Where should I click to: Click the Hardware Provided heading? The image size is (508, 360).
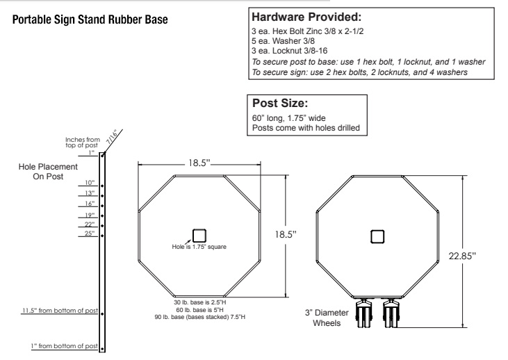(302, 17)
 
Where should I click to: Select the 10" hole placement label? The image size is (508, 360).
(90, 182)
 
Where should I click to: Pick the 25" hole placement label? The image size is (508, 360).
(90, 234)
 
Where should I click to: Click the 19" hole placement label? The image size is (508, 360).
(90, 214)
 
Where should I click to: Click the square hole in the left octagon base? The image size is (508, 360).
(199, 236)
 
